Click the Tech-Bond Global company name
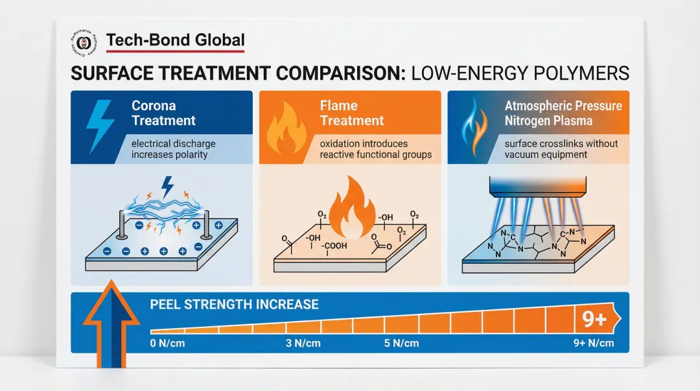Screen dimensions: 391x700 [x=175, y=41]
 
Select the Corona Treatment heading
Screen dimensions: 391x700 [x=163, y=113]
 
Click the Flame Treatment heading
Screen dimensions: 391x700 [x=352, y=113]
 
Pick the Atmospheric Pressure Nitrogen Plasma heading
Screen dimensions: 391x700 [x=563, y=113]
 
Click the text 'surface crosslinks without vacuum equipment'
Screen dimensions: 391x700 [x=561, y=149]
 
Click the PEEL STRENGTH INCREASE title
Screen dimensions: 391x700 [x=234, y=304]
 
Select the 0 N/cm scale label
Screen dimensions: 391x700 [x=167, y=343]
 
